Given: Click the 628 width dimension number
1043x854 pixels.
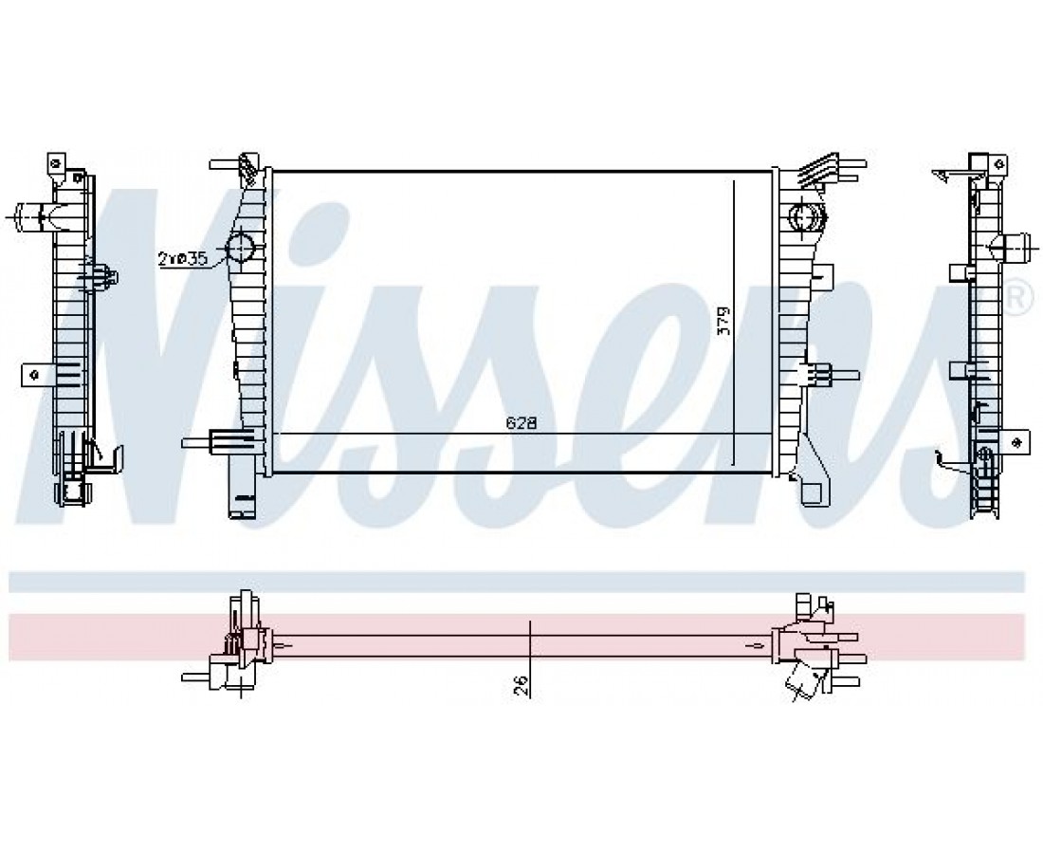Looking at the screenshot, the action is (521, 423).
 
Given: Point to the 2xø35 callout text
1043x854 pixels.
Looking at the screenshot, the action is (183, 257).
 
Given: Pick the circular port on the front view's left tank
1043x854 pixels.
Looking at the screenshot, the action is (240, 248).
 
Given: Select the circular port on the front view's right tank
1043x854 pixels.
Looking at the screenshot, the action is (807, 216).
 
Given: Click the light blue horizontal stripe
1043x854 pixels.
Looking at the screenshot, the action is (516, 581).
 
